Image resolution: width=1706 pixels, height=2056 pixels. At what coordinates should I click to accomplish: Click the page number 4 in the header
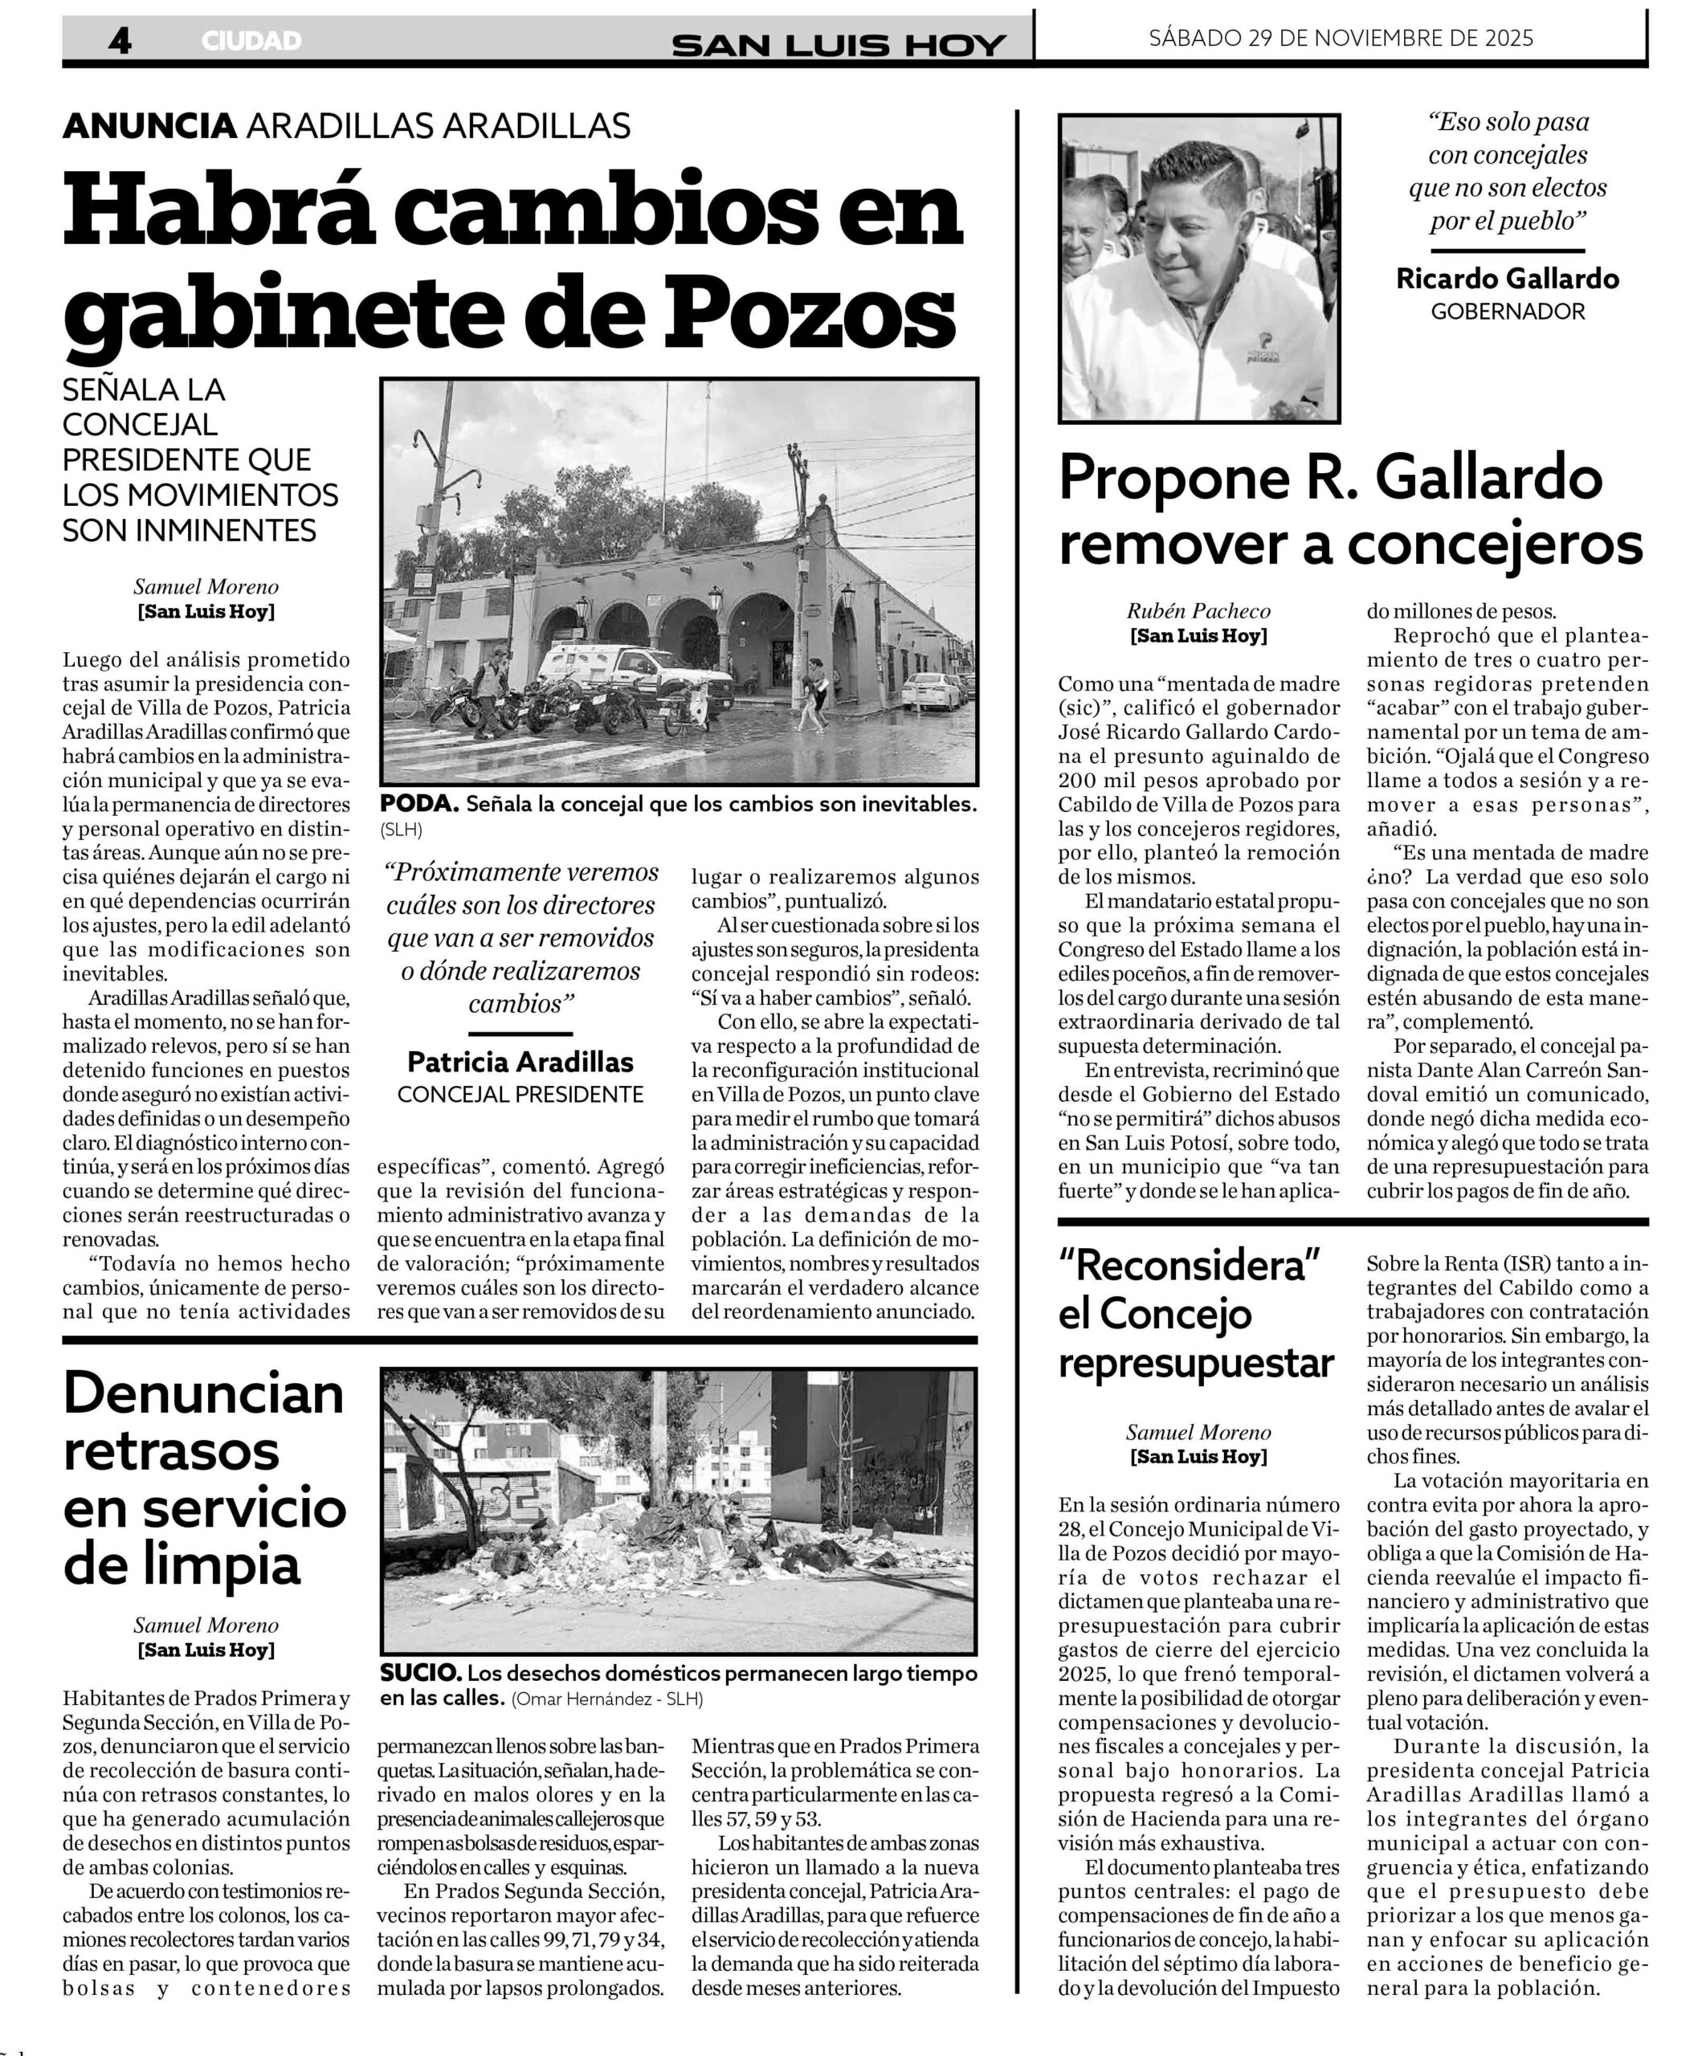(x=120, y=40)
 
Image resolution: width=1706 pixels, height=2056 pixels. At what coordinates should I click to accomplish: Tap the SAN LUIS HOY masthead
(x=839, y=44)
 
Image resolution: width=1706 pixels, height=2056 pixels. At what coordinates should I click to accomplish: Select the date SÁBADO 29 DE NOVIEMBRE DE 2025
(x=1341, y=39)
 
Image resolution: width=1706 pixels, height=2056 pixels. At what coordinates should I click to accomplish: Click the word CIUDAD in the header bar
(x=251, y=41)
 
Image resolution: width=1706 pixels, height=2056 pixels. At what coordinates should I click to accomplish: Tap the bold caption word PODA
(x=418, y=804)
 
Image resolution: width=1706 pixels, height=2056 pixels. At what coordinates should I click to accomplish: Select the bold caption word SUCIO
(x=421, y=1673)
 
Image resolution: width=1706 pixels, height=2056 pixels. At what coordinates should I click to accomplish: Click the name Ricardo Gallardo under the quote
(x=1507, y=279)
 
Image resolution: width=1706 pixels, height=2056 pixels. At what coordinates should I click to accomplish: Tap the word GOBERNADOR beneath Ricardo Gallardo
(x=1507, y=312)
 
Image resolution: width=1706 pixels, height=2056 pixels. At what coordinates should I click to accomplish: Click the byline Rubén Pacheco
(x=1198, y=611)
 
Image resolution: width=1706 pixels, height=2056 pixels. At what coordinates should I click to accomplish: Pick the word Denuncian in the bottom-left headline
(x=204, y=1394)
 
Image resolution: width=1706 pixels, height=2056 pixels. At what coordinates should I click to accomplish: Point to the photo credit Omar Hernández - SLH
(x=607, y=1699)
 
